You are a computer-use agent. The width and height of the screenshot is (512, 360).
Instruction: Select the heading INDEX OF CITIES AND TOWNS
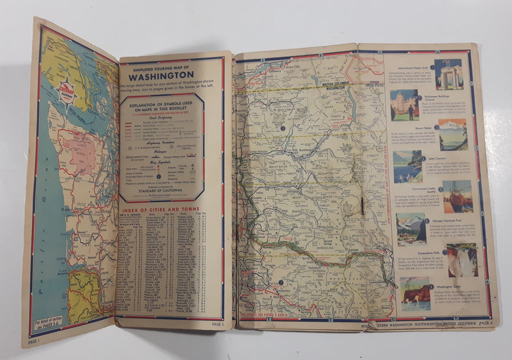point(159,209)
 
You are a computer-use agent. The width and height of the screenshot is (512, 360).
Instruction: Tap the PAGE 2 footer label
point(217,324)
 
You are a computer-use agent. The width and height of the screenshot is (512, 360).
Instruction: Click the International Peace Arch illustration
point(448,74)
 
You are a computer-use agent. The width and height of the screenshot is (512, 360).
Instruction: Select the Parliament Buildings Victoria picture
point(404,104)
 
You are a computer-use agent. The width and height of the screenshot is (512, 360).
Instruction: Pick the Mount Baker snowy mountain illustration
point(452,134)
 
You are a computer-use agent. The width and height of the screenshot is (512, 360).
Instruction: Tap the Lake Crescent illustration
point(407,166)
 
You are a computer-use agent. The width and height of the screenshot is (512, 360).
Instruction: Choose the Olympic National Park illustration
point(410,229)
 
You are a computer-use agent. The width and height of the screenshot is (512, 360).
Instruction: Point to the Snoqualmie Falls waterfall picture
point(461,259)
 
